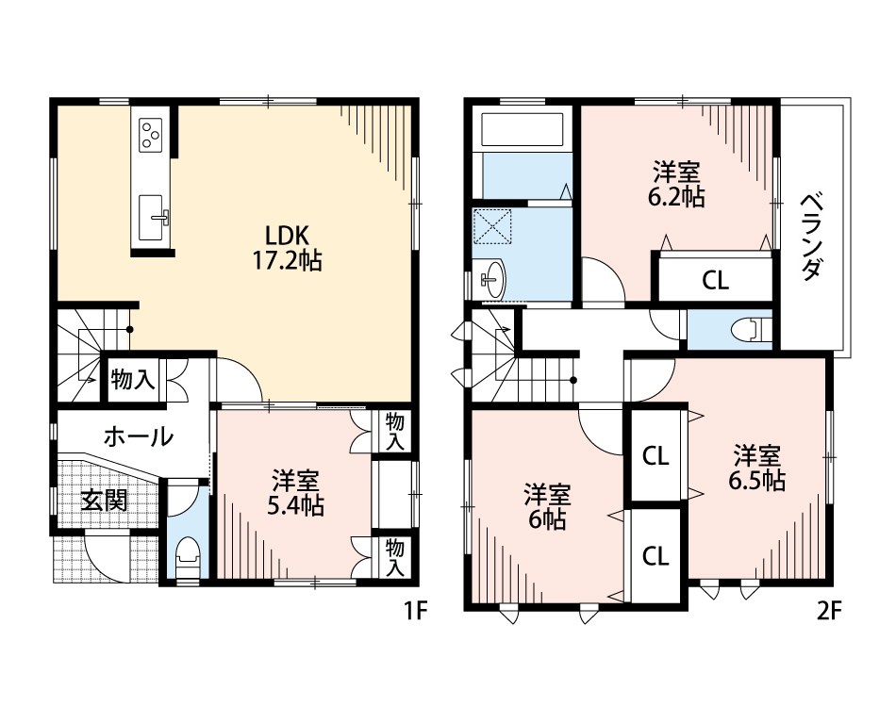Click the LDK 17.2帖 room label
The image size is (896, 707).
click(287, 247)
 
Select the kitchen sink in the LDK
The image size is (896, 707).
click(153, 218)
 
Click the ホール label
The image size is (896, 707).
click(139, 436)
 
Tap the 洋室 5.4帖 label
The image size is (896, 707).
click(295, 493)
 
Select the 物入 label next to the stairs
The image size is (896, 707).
click(133, 379)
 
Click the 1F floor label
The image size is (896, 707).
click(416, 612)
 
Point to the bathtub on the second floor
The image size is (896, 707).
click(523, 130)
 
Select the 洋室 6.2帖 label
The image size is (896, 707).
click(676, 184)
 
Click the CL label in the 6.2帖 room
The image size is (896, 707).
click(715, 280)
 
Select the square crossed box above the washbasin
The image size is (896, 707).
click(492, 225)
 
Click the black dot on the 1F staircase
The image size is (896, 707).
click(130, 330)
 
